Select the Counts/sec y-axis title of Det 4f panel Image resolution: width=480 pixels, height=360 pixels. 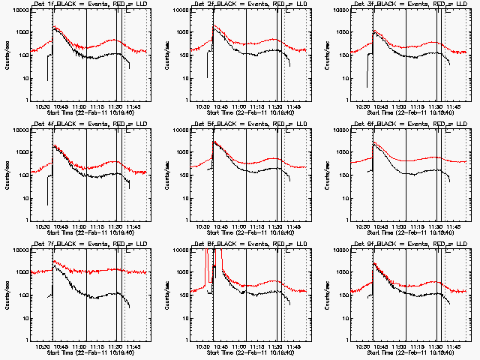click(x=7, y=174)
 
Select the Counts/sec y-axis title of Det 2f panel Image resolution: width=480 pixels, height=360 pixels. click(x=166, y=54)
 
